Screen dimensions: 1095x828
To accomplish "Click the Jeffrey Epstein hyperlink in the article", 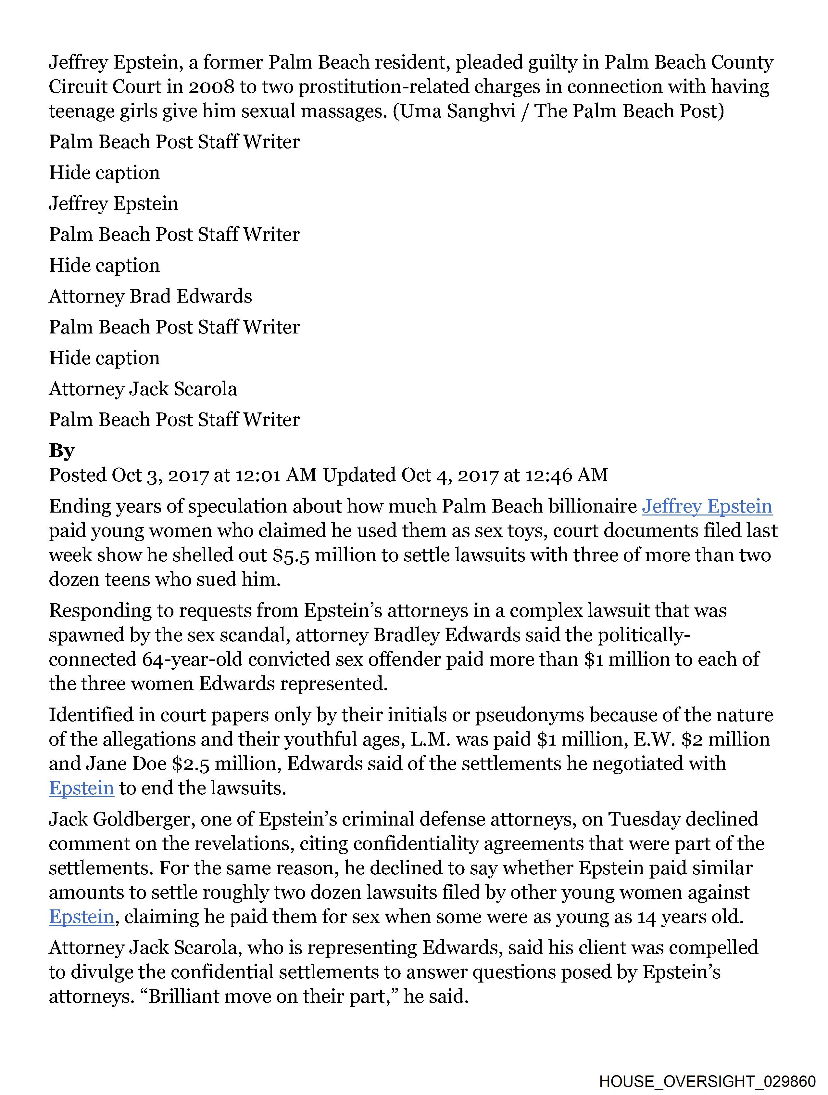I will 707,506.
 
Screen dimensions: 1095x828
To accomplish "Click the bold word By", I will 62,450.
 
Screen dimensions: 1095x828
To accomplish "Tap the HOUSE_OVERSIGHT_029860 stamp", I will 707,1080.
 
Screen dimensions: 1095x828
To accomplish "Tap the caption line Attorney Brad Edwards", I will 150,296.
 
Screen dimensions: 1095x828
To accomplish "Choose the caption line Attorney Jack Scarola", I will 143,389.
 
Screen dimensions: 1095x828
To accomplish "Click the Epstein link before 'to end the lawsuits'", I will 82,788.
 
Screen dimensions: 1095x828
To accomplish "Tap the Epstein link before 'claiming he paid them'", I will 82,917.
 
